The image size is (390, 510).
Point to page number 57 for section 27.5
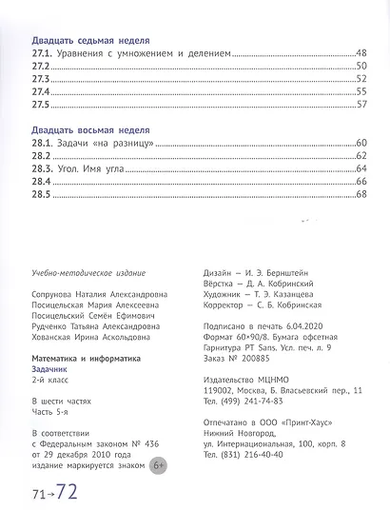[361, 105]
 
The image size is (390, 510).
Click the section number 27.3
[40, 80]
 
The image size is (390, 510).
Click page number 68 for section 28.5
[361, 194]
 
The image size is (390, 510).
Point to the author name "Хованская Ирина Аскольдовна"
[92, 335]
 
